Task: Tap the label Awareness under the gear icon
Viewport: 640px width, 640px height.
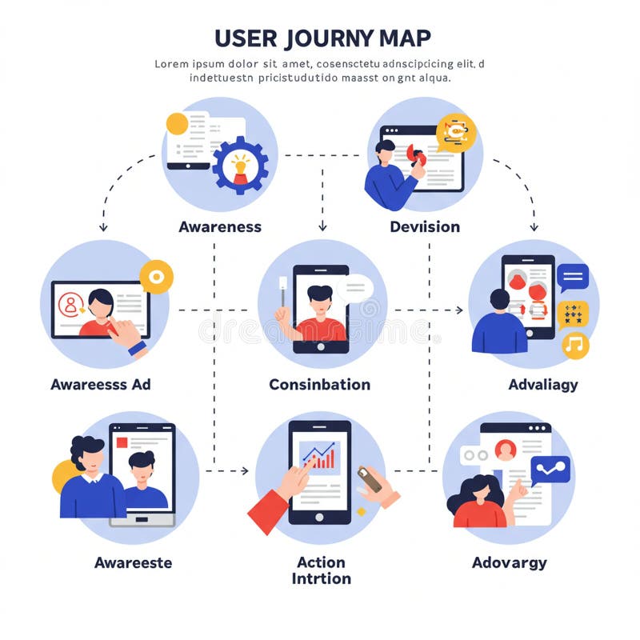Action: click(x=220, y=226)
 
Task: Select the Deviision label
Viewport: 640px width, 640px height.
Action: click(x=425, y=226)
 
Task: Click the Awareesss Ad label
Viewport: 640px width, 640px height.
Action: click(x=101, y=384)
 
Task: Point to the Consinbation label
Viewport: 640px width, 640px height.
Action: click(x=319, y=384)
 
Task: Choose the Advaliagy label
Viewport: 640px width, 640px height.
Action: click(x=542, y=385)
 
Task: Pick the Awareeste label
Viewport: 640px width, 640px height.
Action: click(x=133, y=562)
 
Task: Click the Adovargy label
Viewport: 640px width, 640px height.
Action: click(x=509, y=562)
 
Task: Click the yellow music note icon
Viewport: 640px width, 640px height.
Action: click(x=574, y=345)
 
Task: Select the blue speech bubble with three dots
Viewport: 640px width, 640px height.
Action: click(x=573, y=277)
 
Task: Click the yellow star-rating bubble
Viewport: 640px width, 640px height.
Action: click(x=573, y=313)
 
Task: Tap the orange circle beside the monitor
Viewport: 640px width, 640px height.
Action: click(x=156, y=277)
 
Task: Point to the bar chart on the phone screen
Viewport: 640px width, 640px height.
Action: click(x=319, y=456)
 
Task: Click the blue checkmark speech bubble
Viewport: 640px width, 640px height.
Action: click(x=550, y=470)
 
